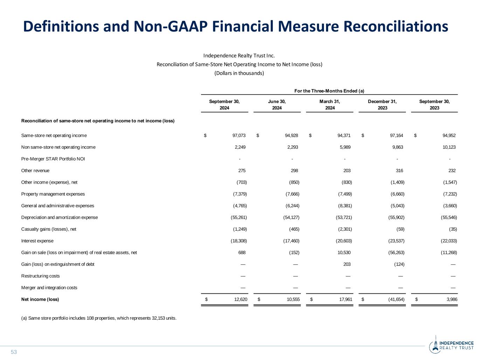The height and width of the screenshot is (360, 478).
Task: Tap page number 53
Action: [x=14, y=352]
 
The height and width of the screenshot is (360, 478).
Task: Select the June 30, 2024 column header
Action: [x=277, y=105]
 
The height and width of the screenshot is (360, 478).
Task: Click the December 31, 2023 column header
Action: [x=382, y=105]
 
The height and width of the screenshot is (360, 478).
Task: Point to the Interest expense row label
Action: [x=37, y=241]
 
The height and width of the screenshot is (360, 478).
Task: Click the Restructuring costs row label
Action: [x=41, y=276]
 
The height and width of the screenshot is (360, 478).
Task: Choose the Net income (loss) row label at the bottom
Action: [x=40, y=299]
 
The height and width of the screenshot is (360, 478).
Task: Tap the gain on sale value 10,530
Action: [x=344, y=252]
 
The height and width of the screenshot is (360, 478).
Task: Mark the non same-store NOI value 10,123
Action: [x=449, y=147]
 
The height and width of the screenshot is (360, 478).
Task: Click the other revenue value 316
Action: [x=399, y=171]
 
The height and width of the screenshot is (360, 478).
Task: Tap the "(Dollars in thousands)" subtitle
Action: [x=239, y=73]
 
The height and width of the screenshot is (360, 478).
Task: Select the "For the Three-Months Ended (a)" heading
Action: [x=329, y=91]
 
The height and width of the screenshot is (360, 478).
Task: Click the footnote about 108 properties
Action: [x=99, y=318]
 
